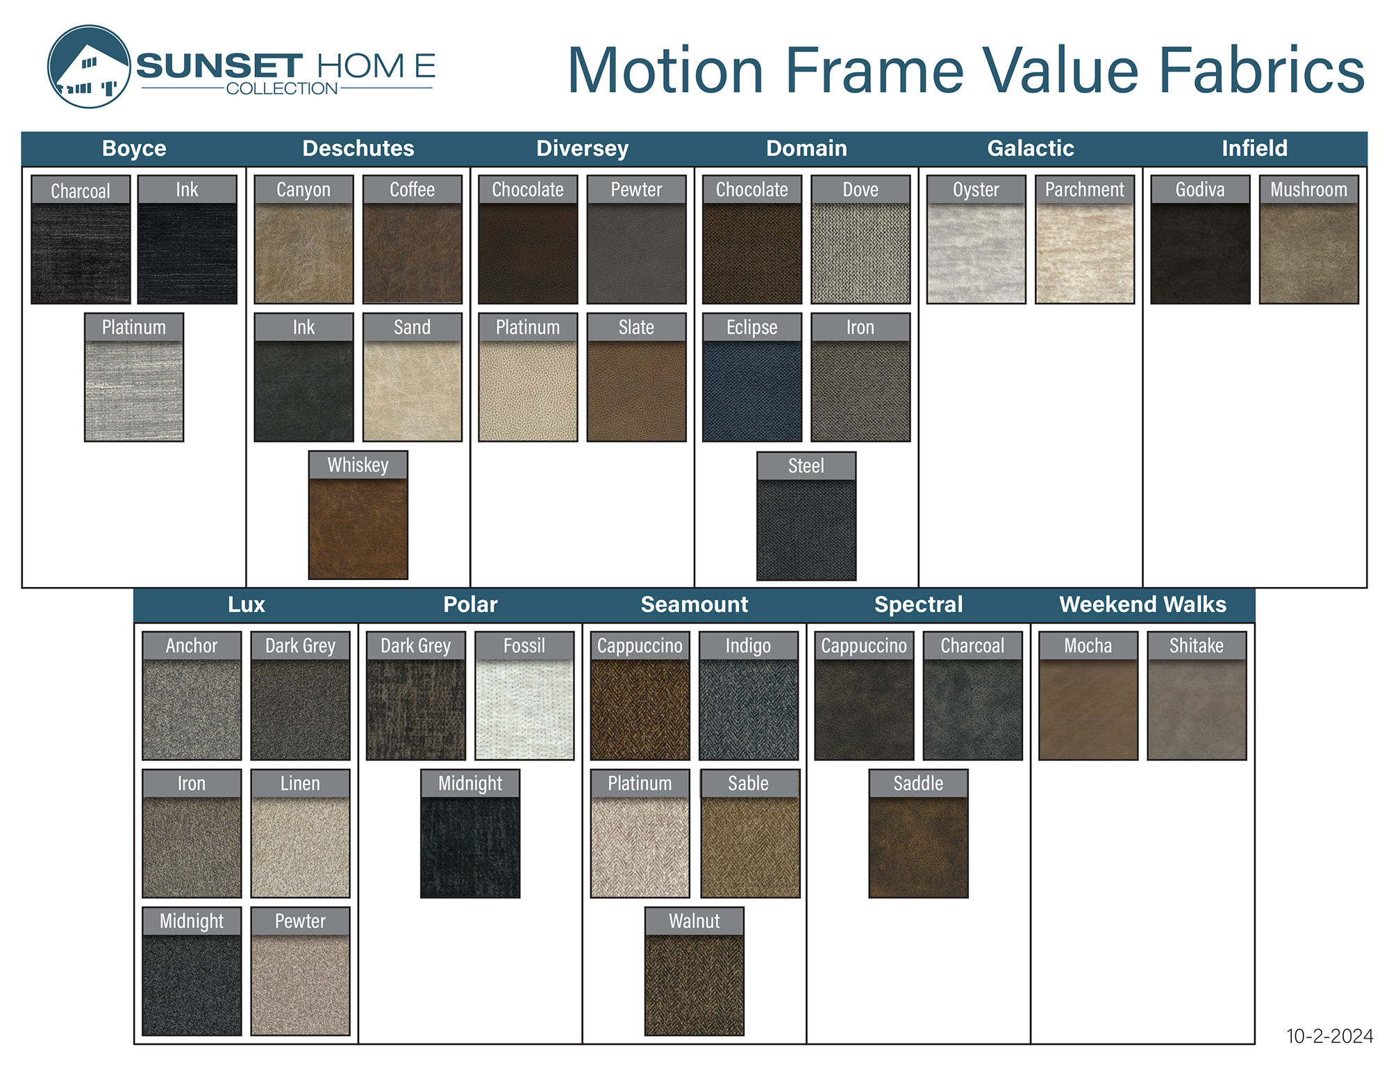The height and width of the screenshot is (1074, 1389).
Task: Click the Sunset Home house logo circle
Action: pos(89,67)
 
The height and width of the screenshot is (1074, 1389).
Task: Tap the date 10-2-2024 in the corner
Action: pos(1329,1036)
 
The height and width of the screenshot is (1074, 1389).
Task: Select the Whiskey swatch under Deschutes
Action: pos(358,529)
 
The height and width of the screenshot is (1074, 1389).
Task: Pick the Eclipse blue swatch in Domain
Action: pos(751,391)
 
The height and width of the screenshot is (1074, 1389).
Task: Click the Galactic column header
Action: pos(1031,148)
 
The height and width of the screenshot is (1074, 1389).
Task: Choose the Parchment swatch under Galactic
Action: pos(1084,254)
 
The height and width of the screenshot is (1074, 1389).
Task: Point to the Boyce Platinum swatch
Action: pos(134,391)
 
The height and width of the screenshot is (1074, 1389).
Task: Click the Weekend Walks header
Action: pos(1142,604)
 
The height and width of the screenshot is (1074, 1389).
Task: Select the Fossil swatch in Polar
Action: pos(524,709)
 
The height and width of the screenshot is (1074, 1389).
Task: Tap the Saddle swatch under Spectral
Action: pos(918,848)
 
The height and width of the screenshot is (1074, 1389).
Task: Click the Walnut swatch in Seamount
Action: pos(694,985)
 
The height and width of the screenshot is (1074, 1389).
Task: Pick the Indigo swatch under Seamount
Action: pos(749,709)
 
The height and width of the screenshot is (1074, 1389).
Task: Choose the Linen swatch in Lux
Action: pos(300,848)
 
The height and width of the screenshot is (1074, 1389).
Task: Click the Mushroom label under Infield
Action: pos(1308,190)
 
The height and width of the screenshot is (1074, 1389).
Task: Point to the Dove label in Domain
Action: pos(860,190)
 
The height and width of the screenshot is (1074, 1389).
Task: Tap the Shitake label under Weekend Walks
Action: pos(1197,646)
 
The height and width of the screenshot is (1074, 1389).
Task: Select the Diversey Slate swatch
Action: pos(636,391)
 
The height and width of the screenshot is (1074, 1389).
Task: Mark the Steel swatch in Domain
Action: pos(806,530)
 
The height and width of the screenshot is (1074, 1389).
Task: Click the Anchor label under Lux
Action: pos(192,646)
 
